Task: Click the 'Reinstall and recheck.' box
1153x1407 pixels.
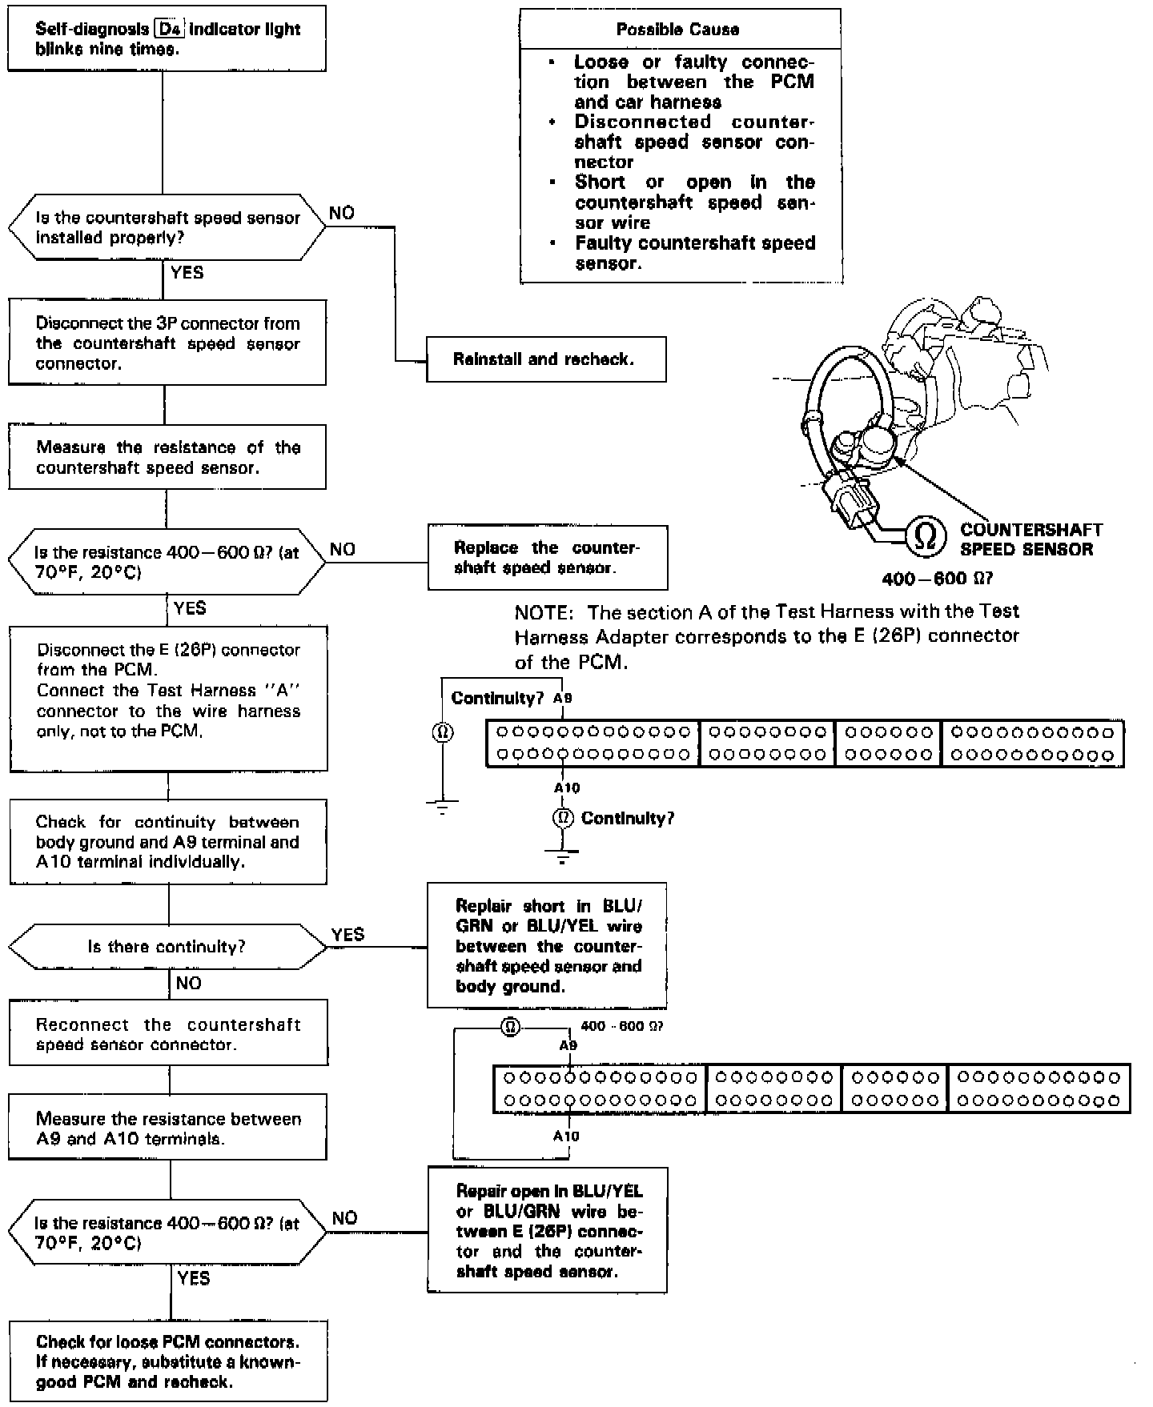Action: (x=545, y=359)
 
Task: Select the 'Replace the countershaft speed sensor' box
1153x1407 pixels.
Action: (x=547, y=558)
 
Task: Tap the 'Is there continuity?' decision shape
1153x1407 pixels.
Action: (x=167, y=947)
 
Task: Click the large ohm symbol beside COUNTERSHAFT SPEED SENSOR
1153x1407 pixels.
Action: (x=925, y=536)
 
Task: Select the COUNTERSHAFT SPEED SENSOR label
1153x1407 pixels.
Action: (x=1030, y=539)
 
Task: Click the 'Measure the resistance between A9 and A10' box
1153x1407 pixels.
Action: (x=168, y=1128)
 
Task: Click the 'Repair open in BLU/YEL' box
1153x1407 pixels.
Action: (x=548, y=1231)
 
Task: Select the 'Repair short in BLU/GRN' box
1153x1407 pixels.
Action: (x=547, y=946)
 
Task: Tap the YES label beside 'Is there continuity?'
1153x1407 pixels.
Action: (x=348, y=934)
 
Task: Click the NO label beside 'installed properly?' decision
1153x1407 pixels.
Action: (x=342, y=213)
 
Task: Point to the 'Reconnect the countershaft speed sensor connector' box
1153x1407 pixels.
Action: (x=168, y=1034)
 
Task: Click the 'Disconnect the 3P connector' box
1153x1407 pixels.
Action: (x=167, y=343)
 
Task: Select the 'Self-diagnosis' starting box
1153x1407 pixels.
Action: (x=167, y=38)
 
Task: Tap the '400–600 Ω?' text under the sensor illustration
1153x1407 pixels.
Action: (x=937, y=579)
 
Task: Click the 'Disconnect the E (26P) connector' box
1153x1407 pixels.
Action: (x=168, y=698)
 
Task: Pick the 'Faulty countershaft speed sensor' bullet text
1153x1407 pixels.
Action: (x=694, y=253)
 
